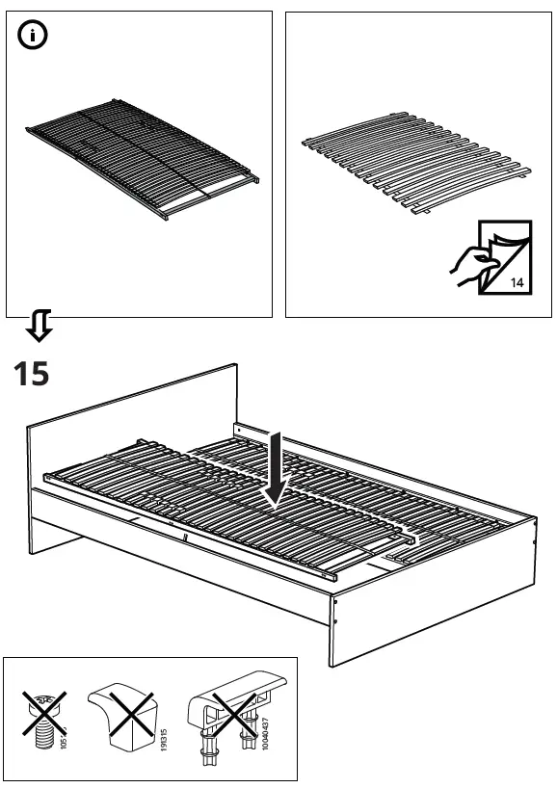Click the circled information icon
pos(33,36)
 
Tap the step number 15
pos(31,375)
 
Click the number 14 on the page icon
pos(517,283)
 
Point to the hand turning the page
pos(472,265)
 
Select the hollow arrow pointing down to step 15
pos(40,326)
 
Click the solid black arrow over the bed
pos(276,470)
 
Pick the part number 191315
pos(164,740)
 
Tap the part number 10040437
pos(265,733)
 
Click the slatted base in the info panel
pos(143,158)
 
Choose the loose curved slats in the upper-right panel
pos(416,162)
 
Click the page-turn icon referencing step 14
pos(491,257)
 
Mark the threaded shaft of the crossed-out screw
pos(44,735)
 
